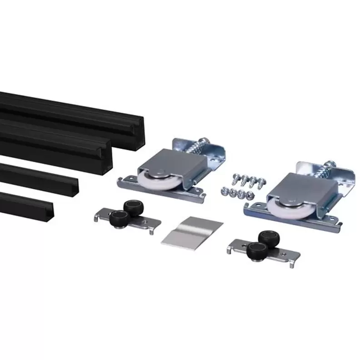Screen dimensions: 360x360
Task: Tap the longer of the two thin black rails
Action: coord(39,178)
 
